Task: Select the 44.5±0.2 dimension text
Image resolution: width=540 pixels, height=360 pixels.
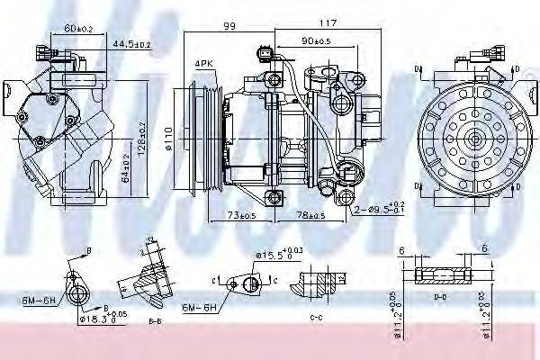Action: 130,43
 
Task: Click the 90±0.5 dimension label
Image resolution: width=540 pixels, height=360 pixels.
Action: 316,40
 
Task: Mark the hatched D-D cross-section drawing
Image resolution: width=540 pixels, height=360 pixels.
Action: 441,274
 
